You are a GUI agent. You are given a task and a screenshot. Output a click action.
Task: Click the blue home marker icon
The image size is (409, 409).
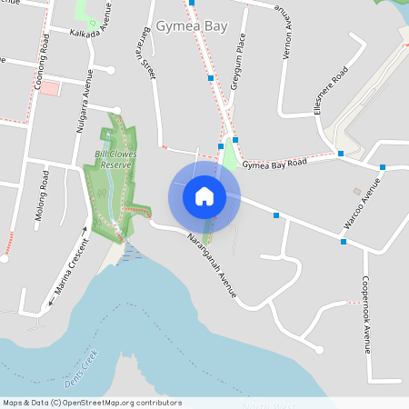[204, 195]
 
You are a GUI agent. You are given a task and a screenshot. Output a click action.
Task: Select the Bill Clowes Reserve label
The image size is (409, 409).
[115, 159]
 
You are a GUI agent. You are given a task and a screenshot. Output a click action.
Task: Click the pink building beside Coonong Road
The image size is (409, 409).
[49, 88]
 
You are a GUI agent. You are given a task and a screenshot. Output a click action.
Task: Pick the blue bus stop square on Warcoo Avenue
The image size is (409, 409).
[344, 242]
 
